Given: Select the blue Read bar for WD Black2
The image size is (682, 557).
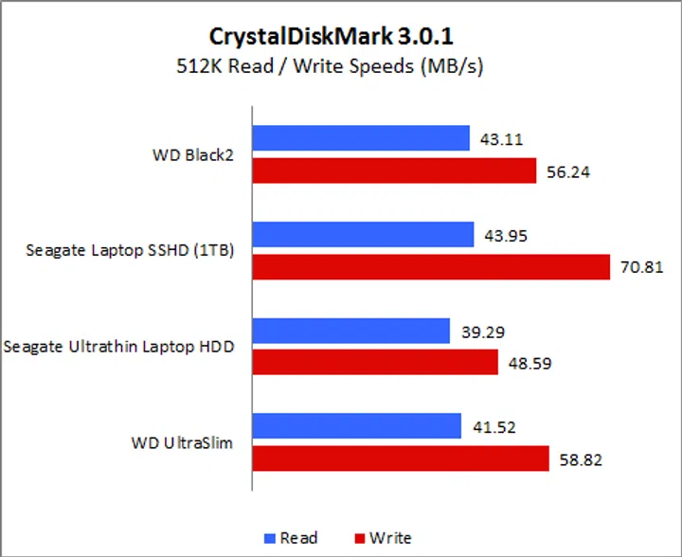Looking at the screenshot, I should coord(360,138).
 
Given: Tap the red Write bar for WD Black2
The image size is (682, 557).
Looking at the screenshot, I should coord(394,171).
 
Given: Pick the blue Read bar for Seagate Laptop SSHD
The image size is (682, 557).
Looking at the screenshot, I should coord(362,235).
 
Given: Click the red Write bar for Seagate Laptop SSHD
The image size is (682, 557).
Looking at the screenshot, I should coord(430,267).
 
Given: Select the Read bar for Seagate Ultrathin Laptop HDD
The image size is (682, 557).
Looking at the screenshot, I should coord(350,331).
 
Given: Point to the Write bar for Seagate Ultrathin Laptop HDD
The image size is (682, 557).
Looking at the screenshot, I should coord(374,363).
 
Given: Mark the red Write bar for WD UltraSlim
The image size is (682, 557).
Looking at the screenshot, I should coord(400,459).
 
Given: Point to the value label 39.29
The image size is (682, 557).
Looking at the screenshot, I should coord(479,332).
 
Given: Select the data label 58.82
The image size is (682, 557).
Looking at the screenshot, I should coord(580,460).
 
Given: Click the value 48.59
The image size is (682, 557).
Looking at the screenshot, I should coord(529,364).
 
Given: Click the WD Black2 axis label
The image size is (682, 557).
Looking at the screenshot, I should coord(194,154).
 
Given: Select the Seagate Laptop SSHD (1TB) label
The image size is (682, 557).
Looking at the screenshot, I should coord(131,251).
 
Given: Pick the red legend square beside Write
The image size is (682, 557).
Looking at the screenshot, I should coord(360,538).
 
